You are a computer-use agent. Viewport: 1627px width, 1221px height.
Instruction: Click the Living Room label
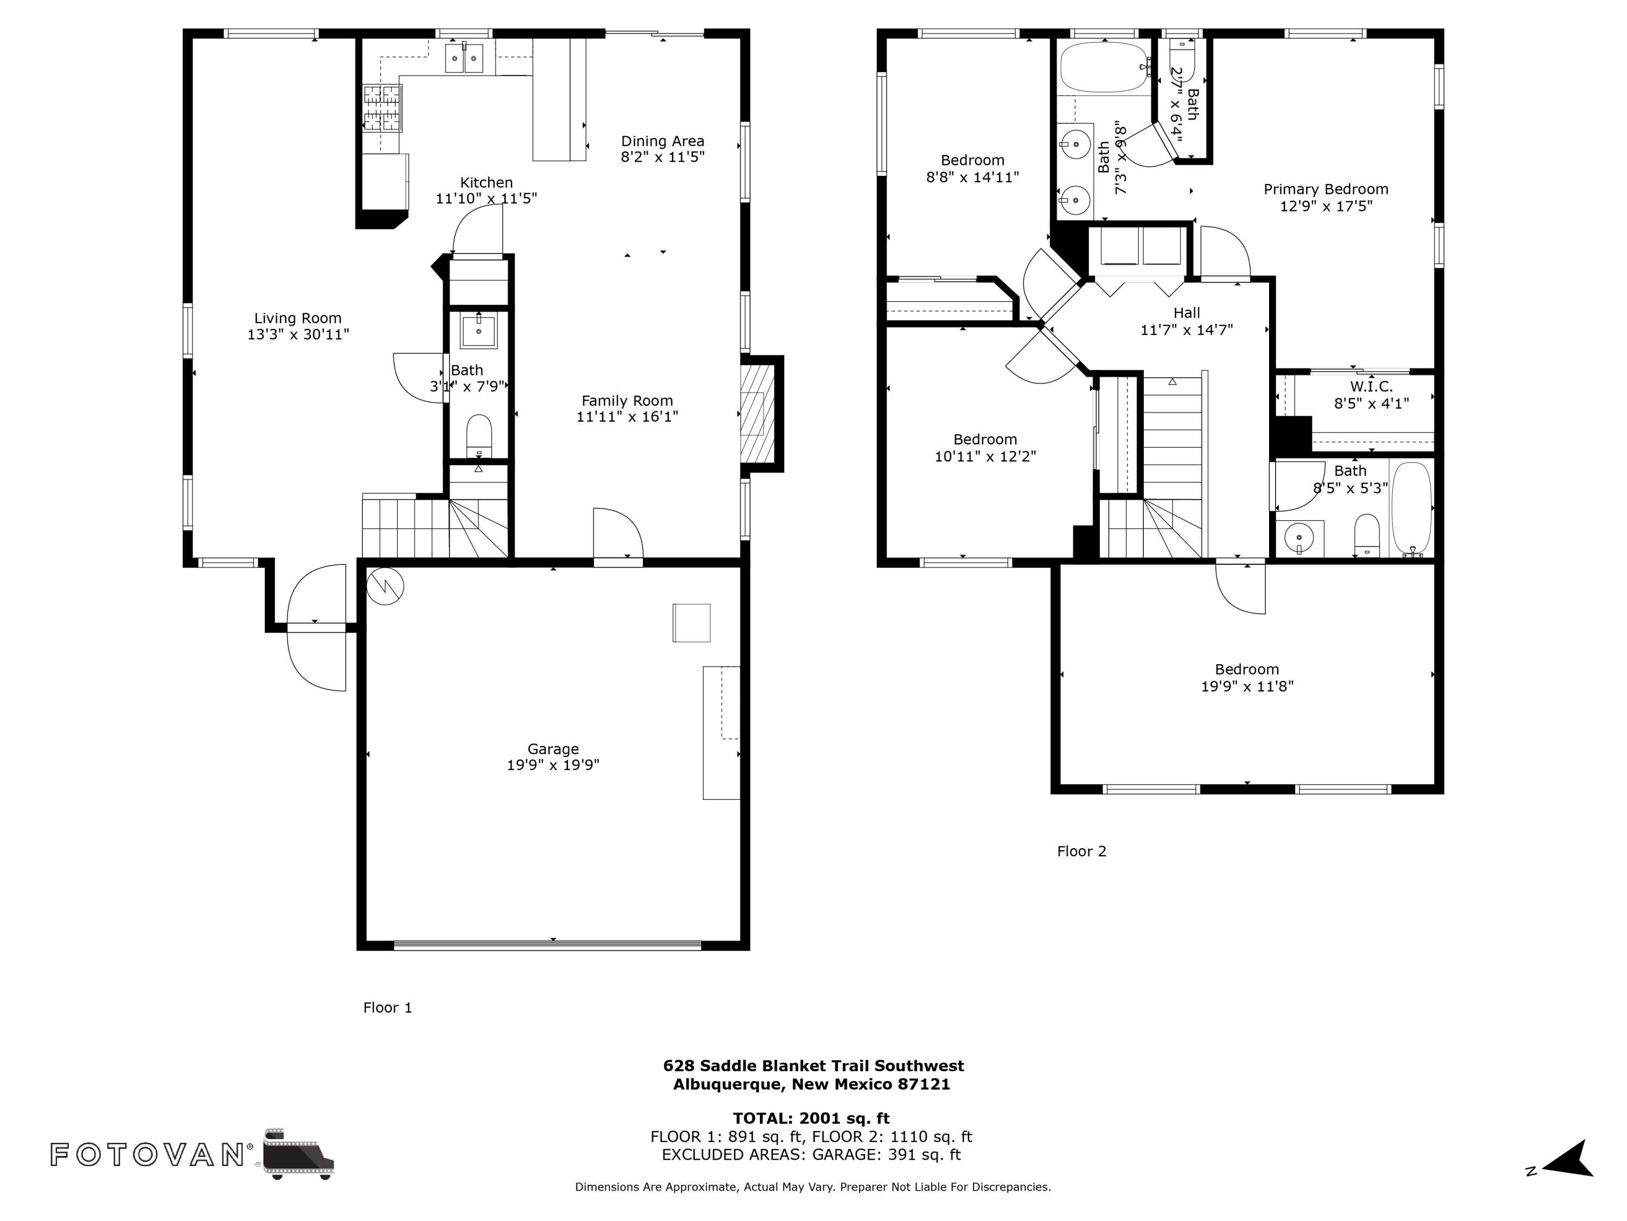[x=297, y=318]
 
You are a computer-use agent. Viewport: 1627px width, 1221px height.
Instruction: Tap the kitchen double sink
[x=464, y=58]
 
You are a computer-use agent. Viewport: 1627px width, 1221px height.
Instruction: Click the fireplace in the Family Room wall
[x=757, y=414]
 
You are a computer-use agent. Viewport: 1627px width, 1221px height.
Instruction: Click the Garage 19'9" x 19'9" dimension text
[x=553, y=765]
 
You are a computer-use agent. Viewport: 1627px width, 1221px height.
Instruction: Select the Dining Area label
[x=662, y=141]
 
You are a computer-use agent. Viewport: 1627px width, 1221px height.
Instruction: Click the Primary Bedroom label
[x=1325, y=189]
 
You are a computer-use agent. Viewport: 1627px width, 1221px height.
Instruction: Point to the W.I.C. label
[x=1371, y=386]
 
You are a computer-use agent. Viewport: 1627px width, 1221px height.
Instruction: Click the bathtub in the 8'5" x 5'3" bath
[x=1412, y=508]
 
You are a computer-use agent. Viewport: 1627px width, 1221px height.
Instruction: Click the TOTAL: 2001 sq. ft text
[x=811, y=1118]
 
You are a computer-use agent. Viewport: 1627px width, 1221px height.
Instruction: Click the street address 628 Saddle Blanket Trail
[x=813, y=1066]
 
